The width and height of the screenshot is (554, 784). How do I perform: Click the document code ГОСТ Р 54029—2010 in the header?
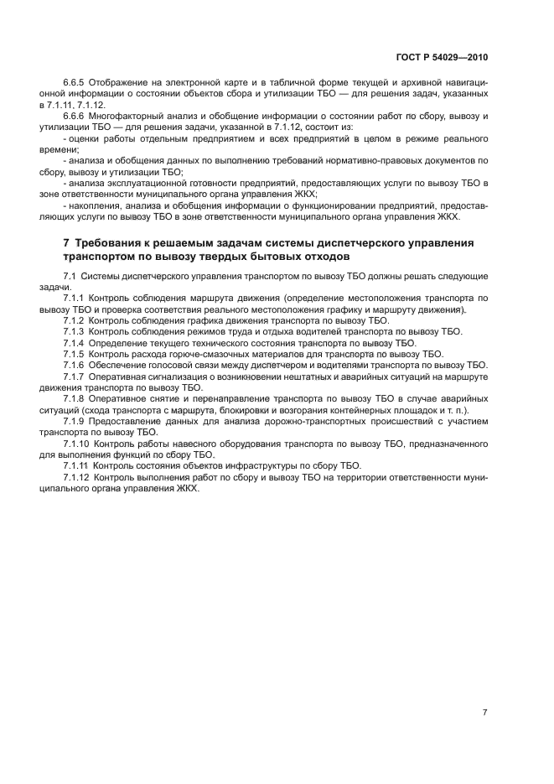click(x=441, y=58)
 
